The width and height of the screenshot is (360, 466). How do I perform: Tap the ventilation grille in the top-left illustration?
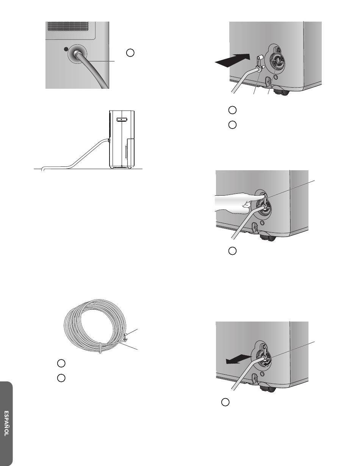tap(68, 26)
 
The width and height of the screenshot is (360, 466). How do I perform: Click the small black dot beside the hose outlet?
tap(66, 49)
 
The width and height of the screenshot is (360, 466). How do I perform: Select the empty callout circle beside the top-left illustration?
tap(130, 53)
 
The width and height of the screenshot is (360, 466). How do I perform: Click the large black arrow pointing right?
tap(233, 60)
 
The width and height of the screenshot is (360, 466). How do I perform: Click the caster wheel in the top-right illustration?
tap(281, 91)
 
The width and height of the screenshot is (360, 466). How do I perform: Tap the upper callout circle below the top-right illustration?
tap(232, 110)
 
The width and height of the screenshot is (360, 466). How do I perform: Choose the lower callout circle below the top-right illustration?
tap(232, 125)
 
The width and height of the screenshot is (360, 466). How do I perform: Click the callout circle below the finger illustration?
tap(232, 251)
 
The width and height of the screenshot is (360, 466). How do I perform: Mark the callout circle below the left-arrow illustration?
tap(225, 402)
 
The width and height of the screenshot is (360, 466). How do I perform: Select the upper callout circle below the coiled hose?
tap(61, 363)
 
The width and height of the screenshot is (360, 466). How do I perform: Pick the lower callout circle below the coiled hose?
tap(61, 378)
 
